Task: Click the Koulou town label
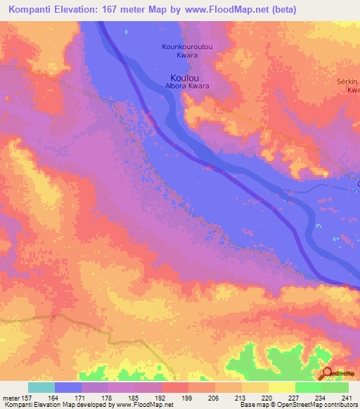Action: [185, 78]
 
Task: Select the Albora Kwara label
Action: [188, 86]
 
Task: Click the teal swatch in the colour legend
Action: [41, 387]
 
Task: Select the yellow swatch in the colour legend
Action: [281, 387]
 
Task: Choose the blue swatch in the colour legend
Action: [68, 387]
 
